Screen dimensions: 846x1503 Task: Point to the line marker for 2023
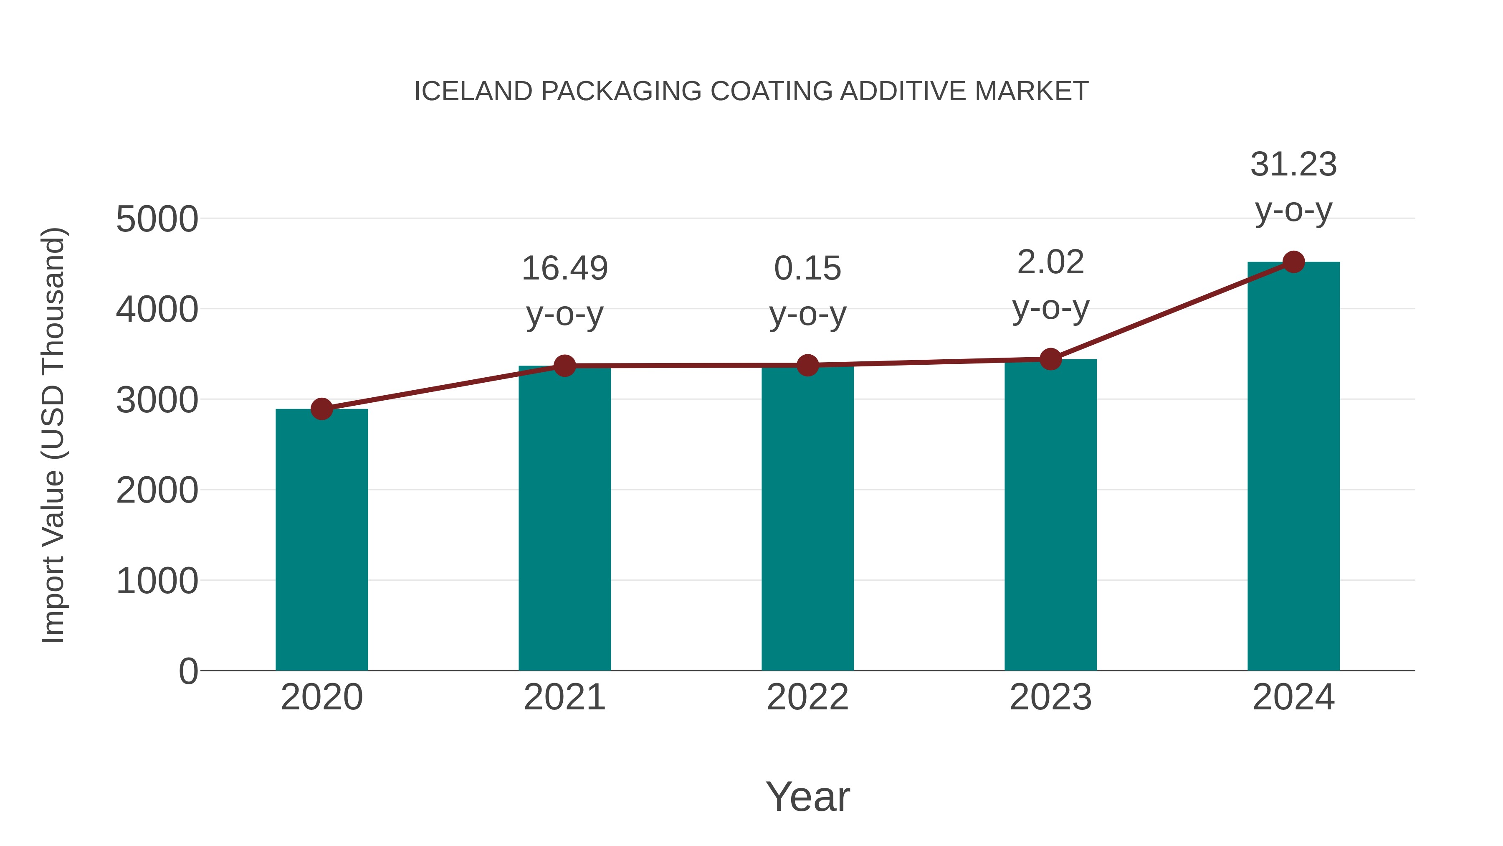(x=1050, y=359)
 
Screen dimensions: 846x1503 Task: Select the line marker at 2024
(x=1293, y=262)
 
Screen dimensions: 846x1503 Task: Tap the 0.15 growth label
(x=807, y=269)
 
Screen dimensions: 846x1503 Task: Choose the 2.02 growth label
(x=1050, y=262)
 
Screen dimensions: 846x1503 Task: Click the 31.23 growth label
(x=1293, y=165)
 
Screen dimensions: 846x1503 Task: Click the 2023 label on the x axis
(x=1050, y=697)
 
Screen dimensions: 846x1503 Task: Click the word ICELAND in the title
(x=473, y=91)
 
